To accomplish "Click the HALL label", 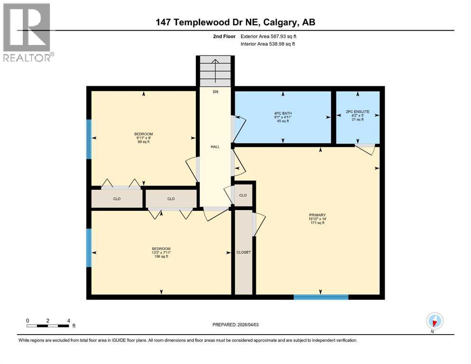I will (x=215, y=147).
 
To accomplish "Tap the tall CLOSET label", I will (x=243, y=252).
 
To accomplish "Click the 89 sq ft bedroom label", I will (x=143, y=138).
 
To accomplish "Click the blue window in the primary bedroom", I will (x=321, y=297).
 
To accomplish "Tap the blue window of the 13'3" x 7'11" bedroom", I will (x=89, y=247).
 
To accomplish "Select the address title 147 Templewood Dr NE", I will (x=236, y=22).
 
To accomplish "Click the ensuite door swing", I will (x=365, y=149).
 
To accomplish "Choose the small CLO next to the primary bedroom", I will (x=243, y=195).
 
